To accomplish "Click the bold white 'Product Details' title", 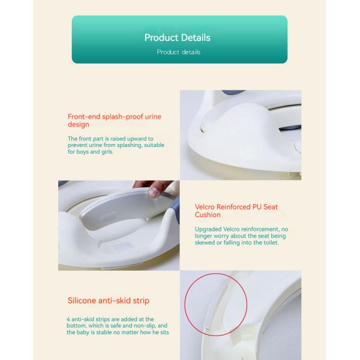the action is [x=177, y=38].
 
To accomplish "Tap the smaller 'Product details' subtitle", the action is [x=179, y=52].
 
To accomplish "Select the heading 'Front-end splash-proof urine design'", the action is [x=115, y=121].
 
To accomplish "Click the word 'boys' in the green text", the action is [x=83, y=152].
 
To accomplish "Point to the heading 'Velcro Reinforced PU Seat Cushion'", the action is [x=236, y=211].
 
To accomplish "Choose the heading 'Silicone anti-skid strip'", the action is [x=109, y=301].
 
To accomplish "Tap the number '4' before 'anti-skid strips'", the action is [x=68, y=319].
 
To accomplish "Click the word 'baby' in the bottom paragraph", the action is [x=82, y=332].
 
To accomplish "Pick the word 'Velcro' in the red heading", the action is [x=205, y=207].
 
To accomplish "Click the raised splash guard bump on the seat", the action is [x=244, y=119].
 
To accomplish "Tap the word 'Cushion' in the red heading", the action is [x=208, y=215].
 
